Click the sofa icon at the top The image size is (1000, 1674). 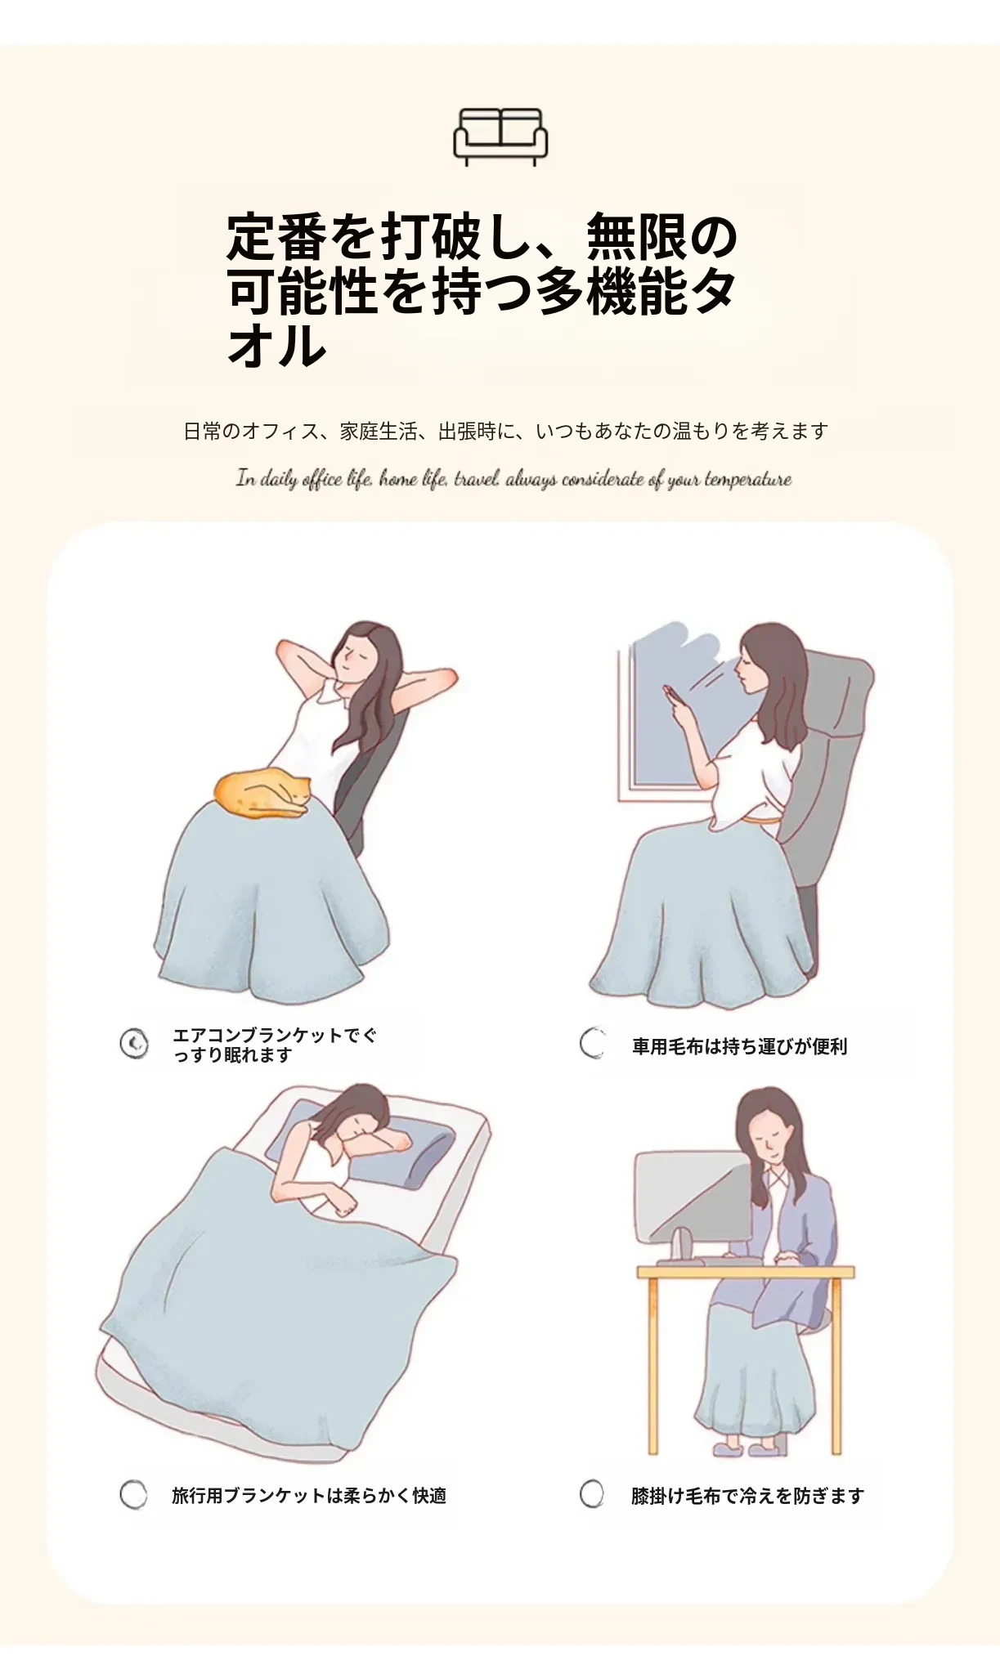pyautogui.click(x=500, y=137)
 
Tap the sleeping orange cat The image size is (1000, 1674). pyautogui.click(x=262, y=794)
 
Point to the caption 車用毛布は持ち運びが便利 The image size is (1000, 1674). pyautogui.click(x=739, y=1046)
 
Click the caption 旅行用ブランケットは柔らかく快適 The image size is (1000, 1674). pyautogui.click(x=309, y=1496)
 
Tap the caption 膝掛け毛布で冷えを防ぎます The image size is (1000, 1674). pyautogui.click(x=747, y=1496)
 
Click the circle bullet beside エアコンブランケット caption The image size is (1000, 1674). pyautogui.click(x=134, y=1044)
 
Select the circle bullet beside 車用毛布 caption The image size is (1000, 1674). pyautogui.click(x=593, y=1043)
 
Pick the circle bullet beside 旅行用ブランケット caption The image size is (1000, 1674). pyautogui.click(x=133, y=1494)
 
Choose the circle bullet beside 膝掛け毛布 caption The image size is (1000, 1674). pyautogui.click(x=592, y=1493)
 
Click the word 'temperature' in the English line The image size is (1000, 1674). pyautogui.click(x=747, y=480)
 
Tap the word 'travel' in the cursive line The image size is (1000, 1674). pyautogui.click(x=477, y=479)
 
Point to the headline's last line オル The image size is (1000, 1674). pyautogui.click(x=277, y=345)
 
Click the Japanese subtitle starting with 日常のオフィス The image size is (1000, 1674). pyautogui.click(x=505, y=431)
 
